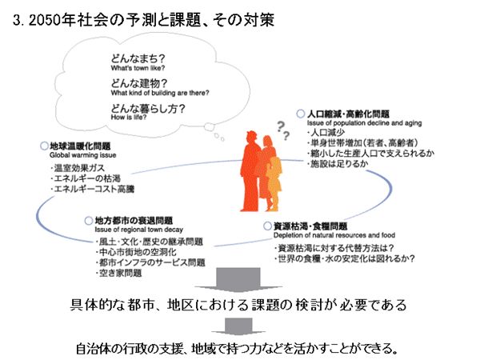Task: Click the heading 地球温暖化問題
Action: (80, 146)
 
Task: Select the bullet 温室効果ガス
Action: (83, 169)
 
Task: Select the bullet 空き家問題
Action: (120, 274)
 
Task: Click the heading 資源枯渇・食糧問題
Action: (310, 226)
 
